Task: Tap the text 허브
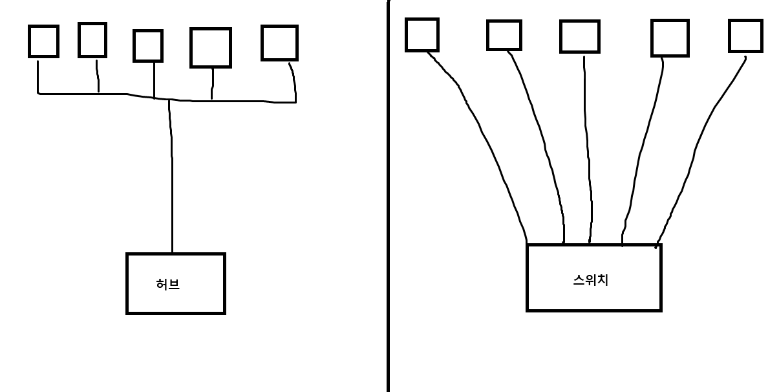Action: (x=168, y=284)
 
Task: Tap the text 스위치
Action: (x=591, y=280)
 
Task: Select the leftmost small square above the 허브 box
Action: (x=43, y=41)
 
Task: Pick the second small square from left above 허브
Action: (x=92, y=40)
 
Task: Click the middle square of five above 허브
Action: (x=147, y=46)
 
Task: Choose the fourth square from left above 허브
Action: (x=210, y=48)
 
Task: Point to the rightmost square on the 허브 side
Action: (x=279, y=43)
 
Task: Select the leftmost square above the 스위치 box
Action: (x=422, y=35)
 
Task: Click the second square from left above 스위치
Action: (x=504, y=35)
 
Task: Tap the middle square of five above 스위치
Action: (x=579, y=36)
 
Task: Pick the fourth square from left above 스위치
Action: (x=670, y=38)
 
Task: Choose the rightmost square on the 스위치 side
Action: (x=745, y=36)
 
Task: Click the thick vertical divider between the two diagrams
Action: (x=389, y=194)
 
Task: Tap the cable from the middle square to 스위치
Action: (x=588, y=149)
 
